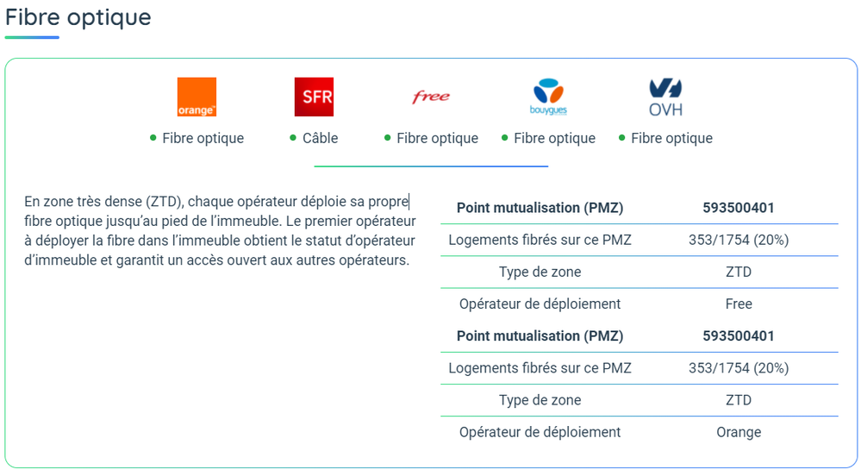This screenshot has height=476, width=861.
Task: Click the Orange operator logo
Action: (x=197, y=97)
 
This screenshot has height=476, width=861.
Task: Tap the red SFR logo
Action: (x=313, y=97)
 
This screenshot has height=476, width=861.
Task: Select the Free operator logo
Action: (x=431, y=97)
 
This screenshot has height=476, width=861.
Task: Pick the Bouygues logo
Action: (x=548, y=97)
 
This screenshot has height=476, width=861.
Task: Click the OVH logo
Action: (x=665, y=97)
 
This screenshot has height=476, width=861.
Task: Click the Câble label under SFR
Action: (x=320, y=138)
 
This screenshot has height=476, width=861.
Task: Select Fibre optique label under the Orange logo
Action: (x=203, y=138)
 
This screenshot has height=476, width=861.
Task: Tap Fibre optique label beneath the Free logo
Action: (x=437, y=138)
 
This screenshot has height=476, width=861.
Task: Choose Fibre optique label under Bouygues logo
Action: (x=554, y=138)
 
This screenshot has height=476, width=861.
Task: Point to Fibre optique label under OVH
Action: (x=671, y=138)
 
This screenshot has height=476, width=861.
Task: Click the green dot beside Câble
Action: (x=294, y=138)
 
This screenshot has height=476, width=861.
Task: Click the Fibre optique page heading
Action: (x=78, y=17)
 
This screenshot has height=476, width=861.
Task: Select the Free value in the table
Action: (x=739, y=304)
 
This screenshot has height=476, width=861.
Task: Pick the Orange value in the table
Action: (x=739, y=432)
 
